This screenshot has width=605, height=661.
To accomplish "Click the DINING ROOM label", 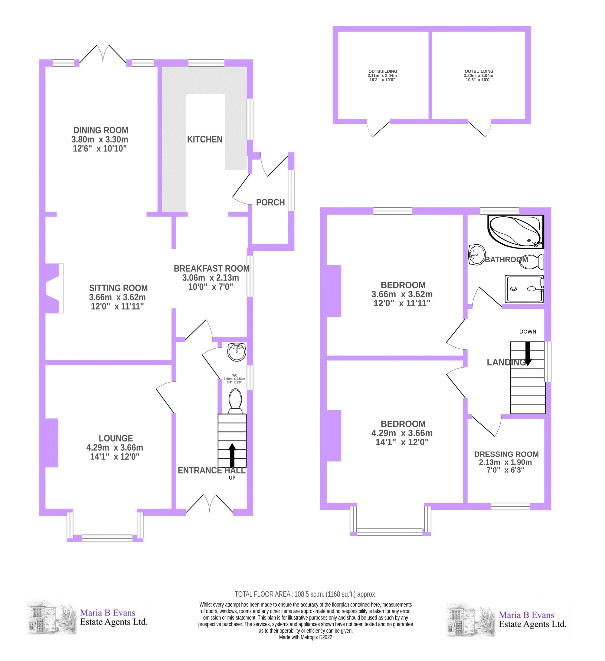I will (x=101, y=130).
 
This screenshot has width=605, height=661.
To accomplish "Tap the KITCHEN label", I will (x=205, y=139).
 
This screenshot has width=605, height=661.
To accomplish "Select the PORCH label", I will (x=270, y=202).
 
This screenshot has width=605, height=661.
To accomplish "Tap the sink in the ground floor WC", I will (x=236, y=352).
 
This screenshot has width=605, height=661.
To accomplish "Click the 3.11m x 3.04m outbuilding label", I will (x=382, y=75).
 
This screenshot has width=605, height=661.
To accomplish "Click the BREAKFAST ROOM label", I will (x=211, y=269).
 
